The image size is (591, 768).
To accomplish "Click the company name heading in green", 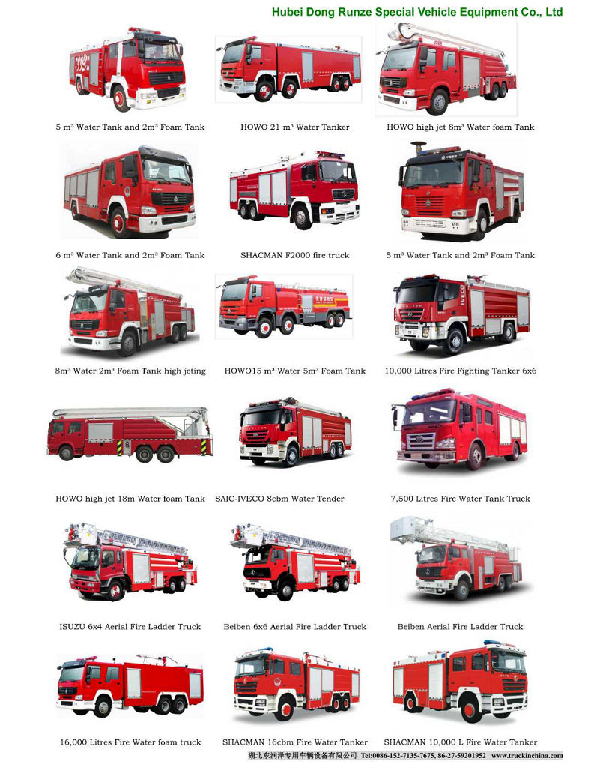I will point(416,12).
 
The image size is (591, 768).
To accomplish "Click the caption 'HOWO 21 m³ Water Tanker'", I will point(294,127).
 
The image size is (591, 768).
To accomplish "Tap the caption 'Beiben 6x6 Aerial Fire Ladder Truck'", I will point(294,627).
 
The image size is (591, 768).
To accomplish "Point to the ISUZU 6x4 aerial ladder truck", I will point(130,562).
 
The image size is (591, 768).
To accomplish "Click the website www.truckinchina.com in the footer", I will point(527,756).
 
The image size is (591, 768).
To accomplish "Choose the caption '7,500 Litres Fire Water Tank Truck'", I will point(460,499).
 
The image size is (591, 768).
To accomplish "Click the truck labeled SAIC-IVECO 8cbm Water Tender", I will point(294,433).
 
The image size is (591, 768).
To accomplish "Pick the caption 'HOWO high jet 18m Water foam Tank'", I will point(130,499).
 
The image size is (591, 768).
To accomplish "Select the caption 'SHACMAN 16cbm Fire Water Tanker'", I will point(295,742).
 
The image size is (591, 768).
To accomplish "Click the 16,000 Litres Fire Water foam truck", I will point(129,685).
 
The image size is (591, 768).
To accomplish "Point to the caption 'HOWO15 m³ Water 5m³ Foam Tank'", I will point(295,371).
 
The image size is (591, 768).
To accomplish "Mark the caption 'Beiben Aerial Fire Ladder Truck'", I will point(460,627).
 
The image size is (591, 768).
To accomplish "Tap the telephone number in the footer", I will point(423,756).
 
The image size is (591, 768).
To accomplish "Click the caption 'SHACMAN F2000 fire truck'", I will point(294,256).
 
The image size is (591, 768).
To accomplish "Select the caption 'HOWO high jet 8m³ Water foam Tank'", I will point(460,127).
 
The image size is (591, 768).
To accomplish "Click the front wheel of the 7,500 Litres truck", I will point(473,457).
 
